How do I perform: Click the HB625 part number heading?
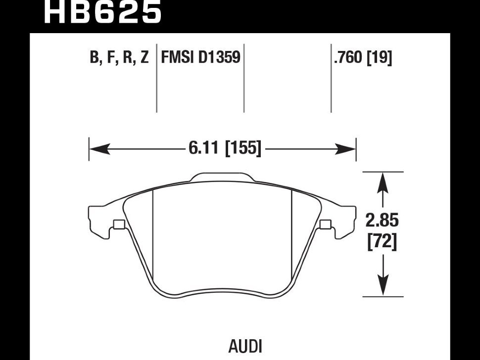coord(103,12)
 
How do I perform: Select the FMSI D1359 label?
coord(200,57)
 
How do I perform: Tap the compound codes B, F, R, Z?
coord(119,57)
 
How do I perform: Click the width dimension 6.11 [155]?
coord(225,148)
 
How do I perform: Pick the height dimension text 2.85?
coord(383,220)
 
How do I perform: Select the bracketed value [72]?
coord(383,241)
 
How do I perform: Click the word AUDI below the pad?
coord(245,347)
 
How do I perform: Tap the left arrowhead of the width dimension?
coord(99,149)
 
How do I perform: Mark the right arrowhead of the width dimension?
coord(345,149)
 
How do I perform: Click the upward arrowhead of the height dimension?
coord(383,182)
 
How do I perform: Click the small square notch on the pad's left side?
coord(119,224)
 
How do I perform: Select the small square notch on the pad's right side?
coord(325,224)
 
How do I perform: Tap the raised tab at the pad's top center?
coord(222,177)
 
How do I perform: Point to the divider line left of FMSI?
coord(156,78)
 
